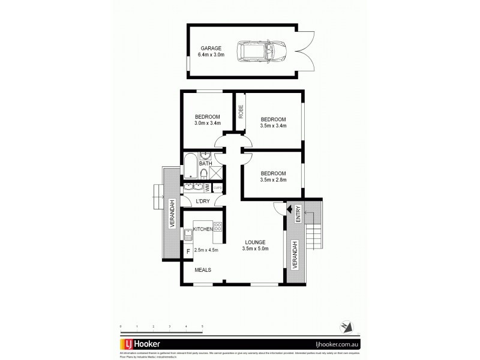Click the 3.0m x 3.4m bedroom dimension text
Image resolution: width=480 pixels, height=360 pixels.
pyautogui.click(x=208, y=124)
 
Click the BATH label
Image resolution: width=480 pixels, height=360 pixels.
pyautogui.click(x=205, y=163)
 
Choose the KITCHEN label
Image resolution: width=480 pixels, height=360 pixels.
pyautogui.click(x=203, y=229)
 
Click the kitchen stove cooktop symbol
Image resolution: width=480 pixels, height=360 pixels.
pyautogui.click(x=218, y=227)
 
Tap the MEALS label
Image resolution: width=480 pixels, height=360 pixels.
pyautogui.click(x=203, y=270)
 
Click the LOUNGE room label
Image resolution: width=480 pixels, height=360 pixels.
pyautogui.click(x=254, y=242)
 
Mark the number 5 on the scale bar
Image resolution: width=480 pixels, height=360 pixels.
pyautogui.click(x=203, y=326)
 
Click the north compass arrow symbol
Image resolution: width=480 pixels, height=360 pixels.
pyautogui.click(x=345, y=325)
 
